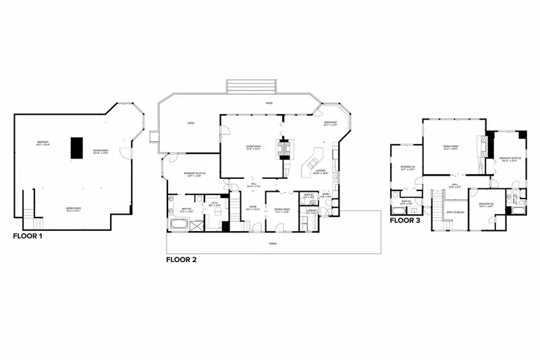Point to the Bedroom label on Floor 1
pos(43,143)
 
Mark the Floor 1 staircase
pos(30,205)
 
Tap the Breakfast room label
pos(330,124)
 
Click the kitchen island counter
pos(313,163)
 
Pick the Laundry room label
pos(311,211)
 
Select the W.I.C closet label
pos(215,203)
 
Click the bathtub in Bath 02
pos(178,224)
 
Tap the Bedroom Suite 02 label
pos(508,159)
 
